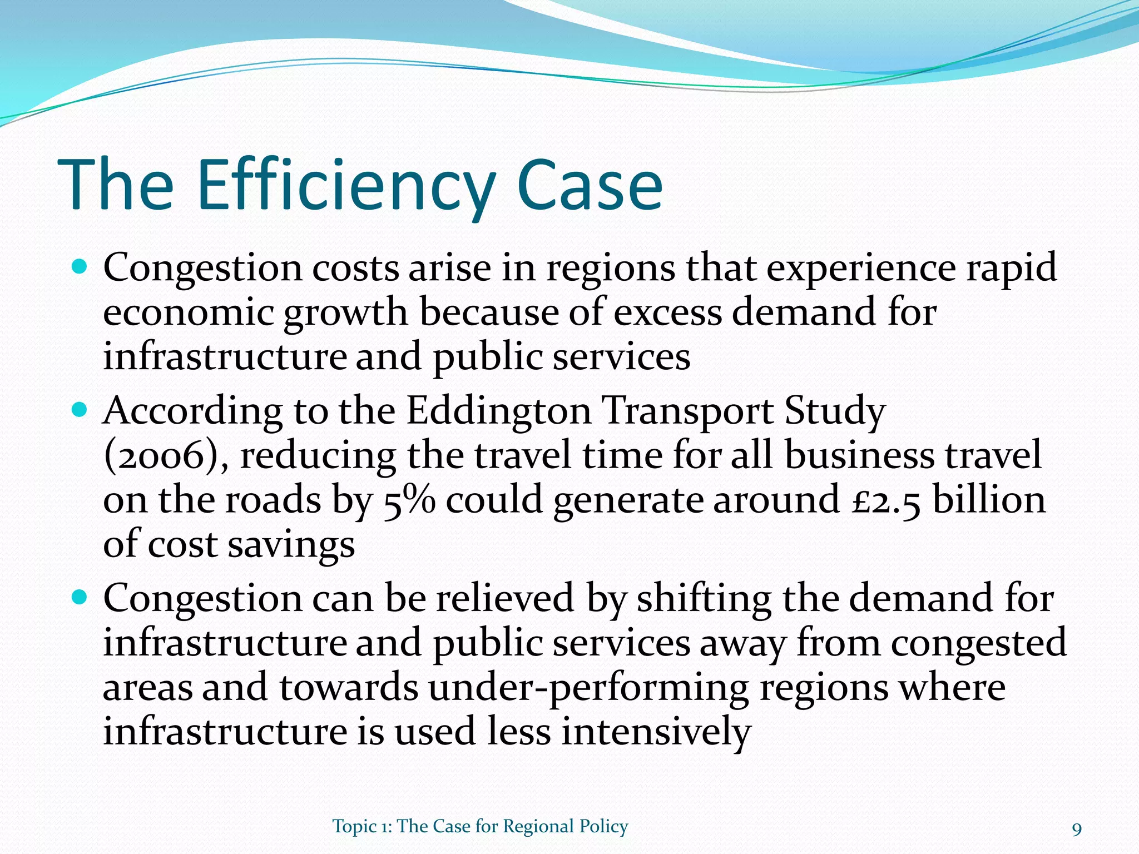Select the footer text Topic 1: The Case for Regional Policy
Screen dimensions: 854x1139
[480, 826]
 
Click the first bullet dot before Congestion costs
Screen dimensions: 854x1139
[80, 267]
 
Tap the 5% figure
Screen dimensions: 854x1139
[409, 500]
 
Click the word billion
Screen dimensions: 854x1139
[989, 500]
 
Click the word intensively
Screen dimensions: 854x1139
[656, 732]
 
